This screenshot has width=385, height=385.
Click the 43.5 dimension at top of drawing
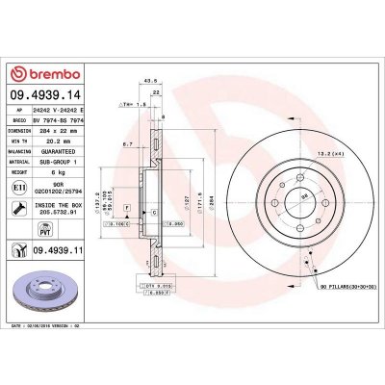149,79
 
